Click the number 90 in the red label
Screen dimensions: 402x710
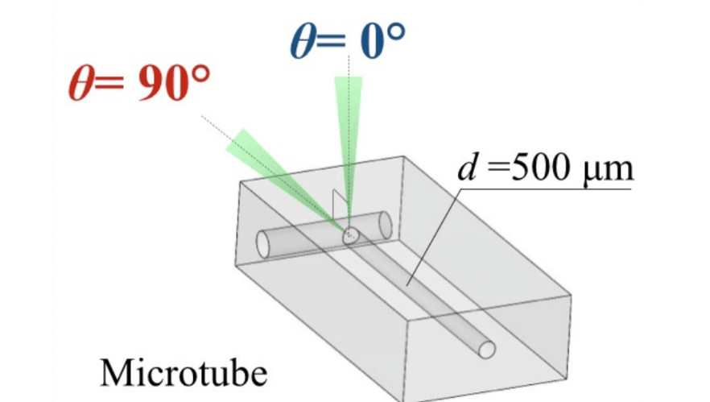click(159, 85)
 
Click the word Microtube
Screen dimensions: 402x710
click(184, 372)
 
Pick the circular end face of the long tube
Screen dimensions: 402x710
click(486, 348)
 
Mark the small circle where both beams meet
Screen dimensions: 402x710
click(350, 235)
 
